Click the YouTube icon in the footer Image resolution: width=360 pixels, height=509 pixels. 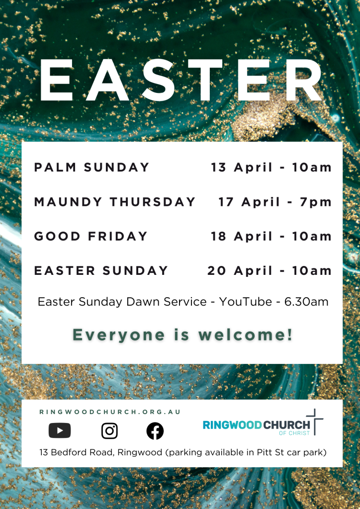pyautogui.click(x=60, y=431)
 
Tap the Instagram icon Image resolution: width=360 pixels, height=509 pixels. pyautogui.click(x=109, y=431)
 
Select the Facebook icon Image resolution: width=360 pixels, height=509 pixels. pyautogui.click(x=155, y=431)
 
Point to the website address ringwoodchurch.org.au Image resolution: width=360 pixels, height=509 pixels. pyautogui.click(x=110, y=412)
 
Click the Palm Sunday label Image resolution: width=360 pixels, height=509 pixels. pyautogui.click(x=91, y=167)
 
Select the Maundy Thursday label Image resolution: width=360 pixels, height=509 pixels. pyautogui.click(x=114, y=202)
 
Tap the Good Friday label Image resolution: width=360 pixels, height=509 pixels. pyautogui.click(x=90, y=236)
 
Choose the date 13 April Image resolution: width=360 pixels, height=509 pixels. pyautogui.click(x=242, y=168)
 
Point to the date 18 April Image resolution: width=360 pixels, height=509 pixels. pyautogui.click(x=242, y=236)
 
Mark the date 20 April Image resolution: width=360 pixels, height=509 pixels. pyautogui.click(x=240, y=271)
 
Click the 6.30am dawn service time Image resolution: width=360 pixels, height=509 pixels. pyautogui.click(x=306, y=302)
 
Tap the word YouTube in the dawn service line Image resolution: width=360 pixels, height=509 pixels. pyautogui.click(x=246, y=302)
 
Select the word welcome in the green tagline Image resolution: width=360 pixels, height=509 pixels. pyautogui.click(x=246, y=335)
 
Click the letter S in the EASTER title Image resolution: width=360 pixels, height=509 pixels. pyautogui.click(x=159, y=80)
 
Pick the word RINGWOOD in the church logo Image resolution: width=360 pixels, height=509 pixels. pyautogui.click(x=232, y=425)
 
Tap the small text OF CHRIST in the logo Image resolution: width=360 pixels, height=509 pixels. pyautogui.click(x=294, y=433)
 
